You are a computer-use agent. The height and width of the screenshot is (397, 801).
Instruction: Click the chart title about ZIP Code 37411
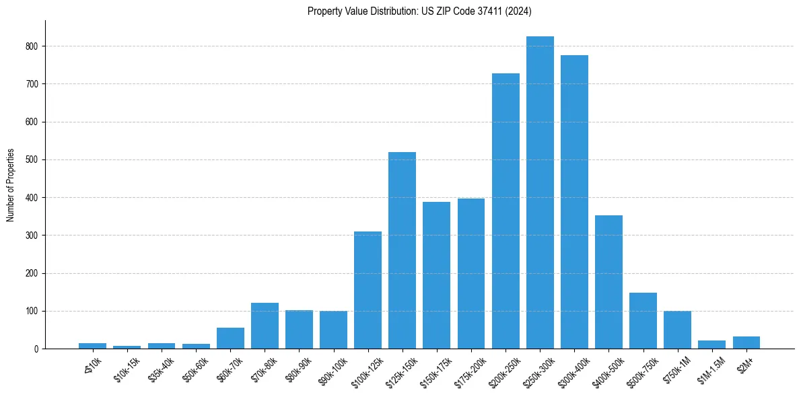point(419,11)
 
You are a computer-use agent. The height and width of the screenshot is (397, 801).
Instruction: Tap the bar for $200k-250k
point(506,211)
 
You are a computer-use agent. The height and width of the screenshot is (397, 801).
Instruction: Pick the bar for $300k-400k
point(574,202)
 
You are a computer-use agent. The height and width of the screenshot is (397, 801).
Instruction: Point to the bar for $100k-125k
point(368,290)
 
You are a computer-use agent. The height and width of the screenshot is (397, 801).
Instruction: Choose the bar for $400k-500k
point(608,282)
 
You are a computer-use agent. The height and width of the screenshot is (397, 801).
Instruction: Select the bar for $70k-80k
point(265,326)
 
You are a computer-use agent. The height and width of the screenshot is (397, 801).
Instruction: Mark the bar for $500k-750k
point(643,321)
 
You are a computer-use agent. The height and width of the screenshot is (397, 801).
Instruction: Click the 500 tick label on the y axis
point(34,160)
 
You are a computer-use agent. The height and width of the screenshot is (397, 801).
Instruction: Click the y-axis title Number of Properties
point(11,184)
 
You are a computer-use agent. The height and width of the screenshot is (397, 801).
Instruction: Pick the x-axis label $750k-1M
point(676,368)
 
